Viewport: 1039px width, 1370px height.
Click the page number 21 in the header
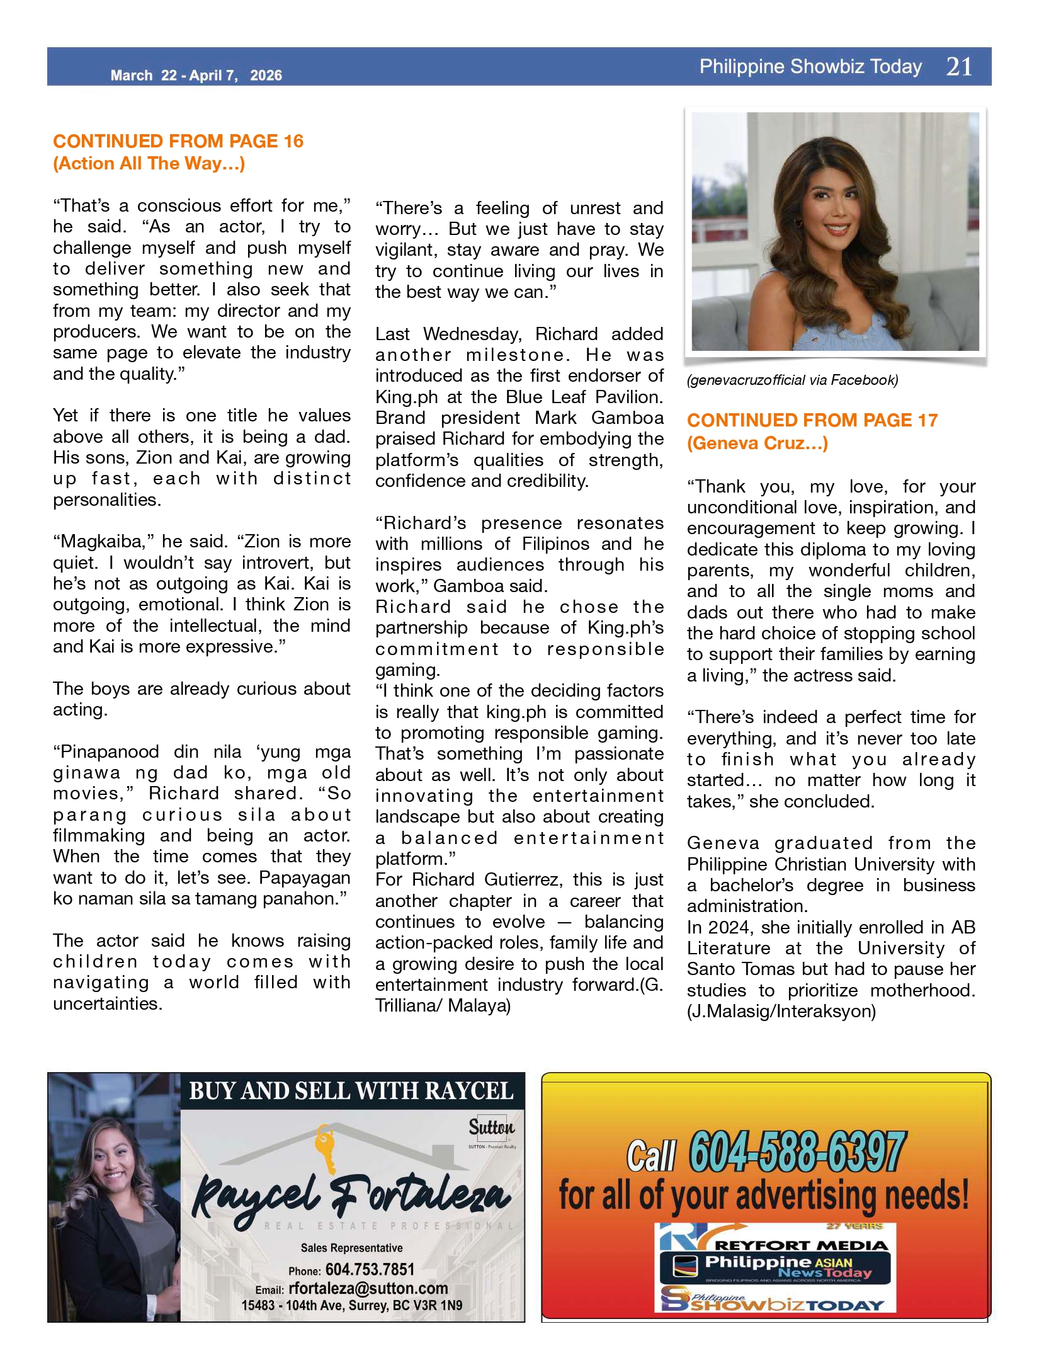(x=959, y=67)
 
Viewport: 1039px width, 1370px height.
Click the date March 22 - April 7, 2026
(x=196, y=76)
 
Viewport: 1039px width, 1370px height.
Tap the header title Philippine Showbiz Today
(x=810, y=67)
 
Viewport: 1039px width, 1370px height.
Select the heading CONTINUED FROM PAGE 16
(x=178, y=141)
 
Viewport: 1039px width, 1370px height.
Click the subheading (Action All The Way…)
(x=149, y=164)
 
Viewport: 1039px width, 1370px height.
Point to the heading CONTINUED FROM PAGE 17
(x=812, y=420)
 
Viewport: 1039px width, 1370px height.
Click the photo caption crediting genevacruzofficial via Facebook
(x=792, y=380)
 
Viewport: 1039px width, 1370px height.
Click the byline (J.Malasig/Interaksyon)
(x=781, y=1012)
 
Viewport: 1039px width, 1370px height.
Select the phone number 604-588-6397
(x=797, y=1152)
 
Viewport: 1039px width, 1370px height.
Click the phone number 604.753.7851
(x=370, y=1269)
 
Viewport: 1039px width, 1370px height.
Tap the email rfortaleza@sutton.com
(x=368, y=1288)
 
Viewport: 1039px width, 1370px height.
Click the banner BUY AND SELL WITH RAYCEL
(x=351, y=1092)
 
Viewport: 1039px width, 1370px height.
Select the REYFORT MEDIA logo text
(x=801, y=1245)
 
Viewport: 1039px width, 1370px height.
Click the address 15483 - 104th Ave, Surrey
(x=351, y=1305)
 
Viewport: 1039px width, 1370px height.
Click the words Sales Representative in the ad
(x=351, y=1248)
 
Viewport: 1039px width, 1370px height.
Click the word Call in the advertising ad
(x=650, y=1156)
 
